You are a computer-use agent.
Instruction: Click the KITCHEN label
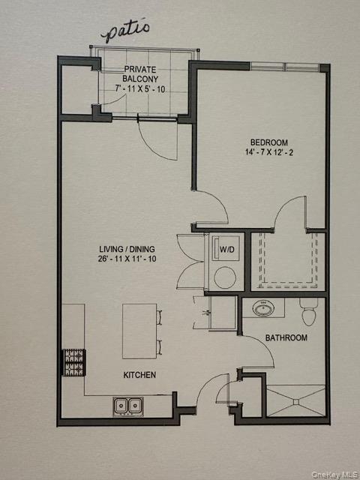point(139,373)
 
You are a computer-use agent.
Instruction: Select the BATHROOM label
point(286,337)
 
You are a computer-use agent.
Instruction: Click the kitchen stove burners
point(72,362)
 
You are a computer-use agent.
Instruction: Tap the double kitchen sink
point(130,406)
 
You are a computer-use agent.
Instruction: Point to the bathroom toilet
point(307,309)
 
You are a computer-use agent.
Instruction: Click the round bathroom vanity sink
point(263,308)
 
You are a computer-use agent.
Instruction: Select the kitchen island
point(139,331)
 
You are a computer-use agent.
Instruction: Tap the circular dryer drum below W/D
point(224,277)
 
